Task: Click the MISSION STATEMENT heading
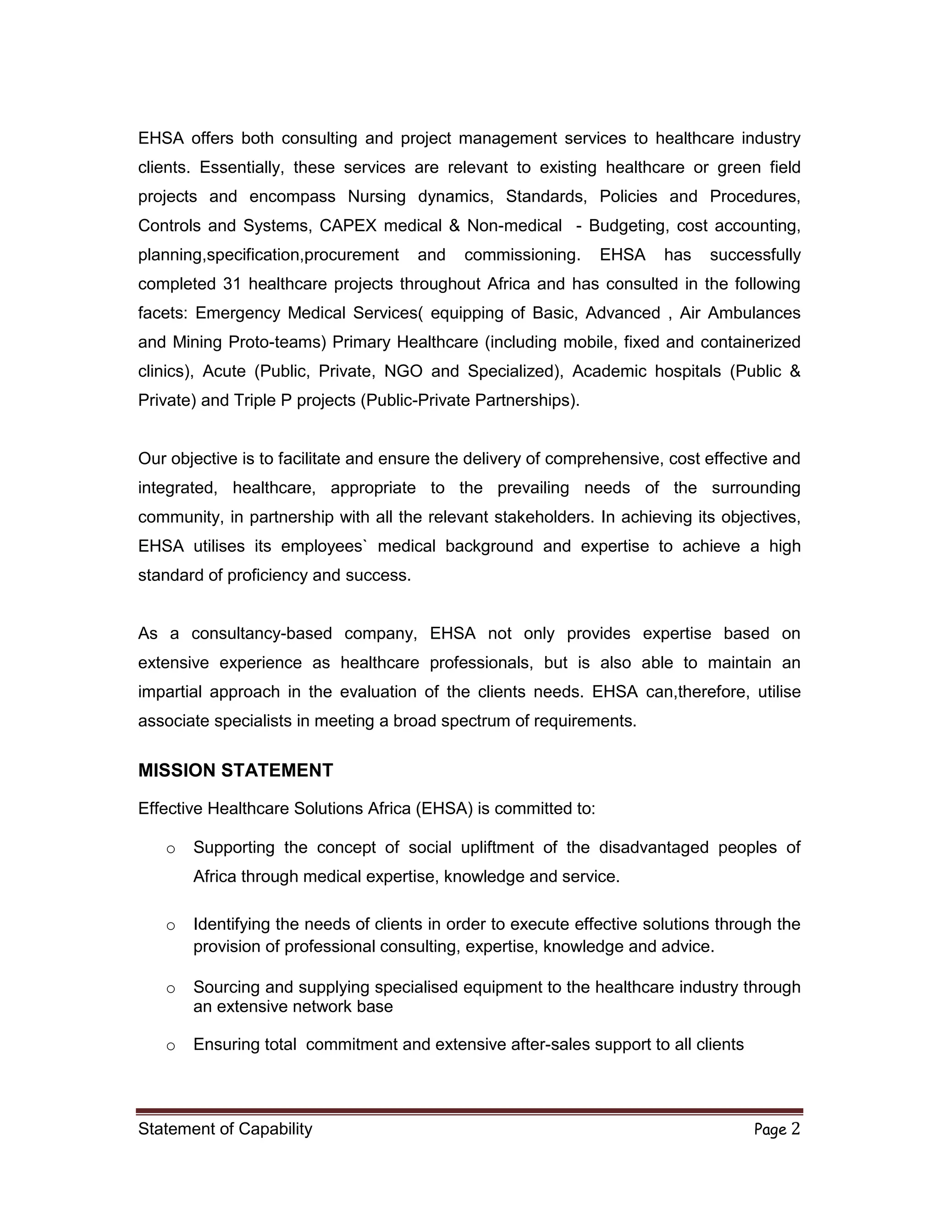point(235,771)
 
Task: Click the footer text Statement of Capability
point(225,1129)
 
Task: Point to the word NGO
point(403,372)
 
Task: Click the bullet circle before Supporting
point(171,850)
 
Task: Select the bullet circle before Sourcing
point(171,989)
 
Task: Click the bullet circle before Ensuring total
point(171,1046)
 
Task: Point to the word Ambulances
point(754,313)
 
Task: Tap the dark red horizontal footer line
point(469,1111)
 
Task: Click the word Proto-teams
point(277,342)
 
